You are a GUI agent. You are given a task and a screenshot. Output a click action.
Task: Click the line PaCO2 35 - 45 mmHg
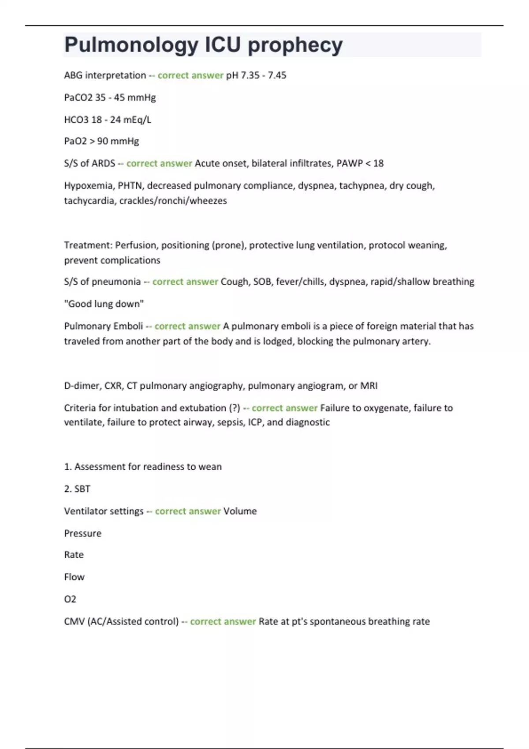(x=110, y=97)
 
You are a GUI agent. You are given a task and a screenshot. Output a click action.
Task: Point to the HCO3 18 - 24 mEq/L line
(x=108, y=120)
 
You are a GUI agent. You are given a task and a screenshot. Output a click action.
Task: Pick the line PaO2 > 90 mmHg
(x=101, y=141)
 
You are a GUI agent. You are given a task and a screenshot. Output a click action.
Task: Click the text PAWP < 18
(x=360, y=163)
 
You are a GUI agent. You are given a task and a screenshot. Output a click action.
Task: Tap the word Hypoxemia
(x=89, y=185)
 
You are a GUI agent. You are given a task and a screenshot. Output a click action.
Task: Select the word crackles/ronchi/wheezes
(x=173, y=201)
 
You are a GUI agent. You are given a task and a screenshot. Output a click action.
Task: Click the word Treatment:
(x=88, y=245)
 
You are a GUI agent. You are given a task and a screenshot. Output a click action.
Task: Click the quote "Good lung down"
(x=104, y=304)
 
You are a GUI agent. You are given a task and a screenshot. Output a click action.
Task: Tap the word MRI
(x=369, y=386)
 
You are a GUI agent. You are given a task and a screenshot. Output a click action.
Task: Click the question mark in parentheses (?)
(x=235, y=408)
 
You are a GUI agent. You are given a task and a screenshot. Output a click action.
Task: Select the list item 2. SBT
(x=77, y=489)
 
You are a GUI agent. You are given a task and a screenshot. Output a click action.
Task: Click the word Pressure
(x=82, y=534)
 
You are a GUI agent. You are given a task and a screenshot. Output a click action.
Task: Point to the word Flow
(x=74, y=577)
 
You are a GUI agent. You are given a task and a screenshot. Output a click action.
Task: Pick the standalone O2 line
(x=70, y=599)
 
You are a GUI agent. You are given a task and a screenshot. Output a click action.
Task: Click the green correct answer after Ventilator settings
(x=188, y=511)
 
